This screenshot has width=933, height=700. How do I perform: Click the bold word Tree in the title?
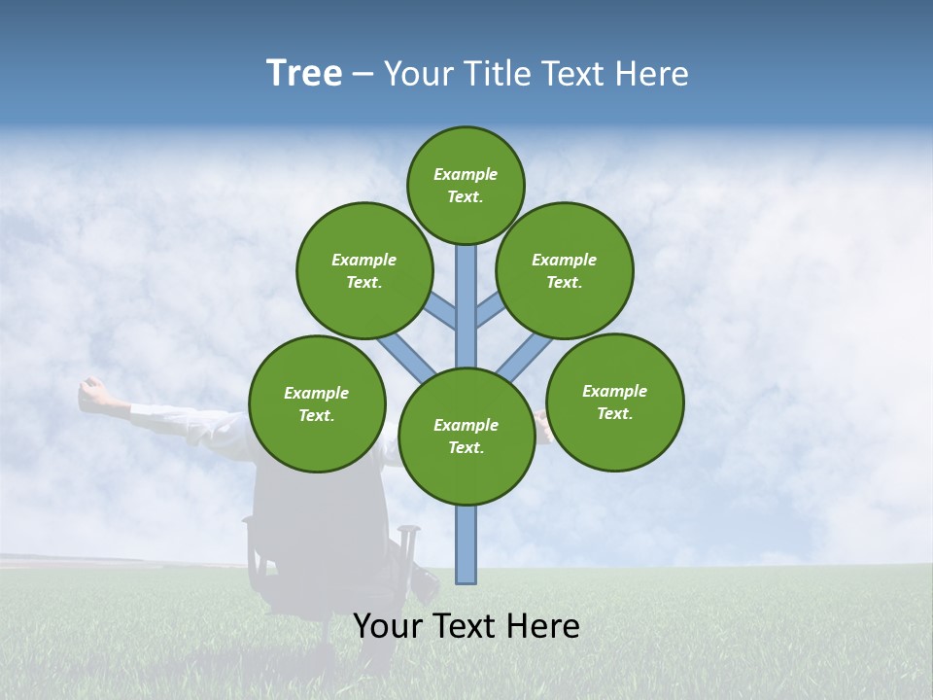click(304, 73)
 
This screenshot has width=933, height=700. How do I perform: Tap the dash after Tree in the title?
click(363, 75)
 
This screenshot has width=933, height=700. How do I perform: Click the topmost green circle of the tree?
click(466, 185)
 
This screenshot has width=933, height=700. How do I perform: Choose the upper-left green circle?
click(364, 270)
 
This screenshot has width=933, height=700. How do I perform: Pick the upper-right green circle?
click(565, 270)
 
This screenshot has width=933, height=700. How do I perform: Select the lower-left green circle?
click(317, 403)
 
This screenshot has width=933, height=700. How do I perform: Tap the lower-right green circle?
click(614, 402)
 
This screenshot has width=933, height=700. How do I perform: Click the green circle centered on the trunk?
click(466, 436)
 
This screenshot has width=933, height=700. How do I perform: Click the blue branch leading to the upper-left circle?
click(442, 312)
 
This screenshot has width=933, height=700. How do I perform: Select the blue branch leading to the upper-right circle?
click(489, 311)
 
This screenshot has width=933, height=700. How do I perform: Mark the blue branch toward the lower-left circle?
click(406, 357)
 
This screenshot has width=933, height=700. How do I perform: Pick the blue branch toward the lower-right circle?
click(525, 357)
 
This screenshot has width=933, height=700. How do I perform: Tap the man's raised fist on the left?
click(92, 393)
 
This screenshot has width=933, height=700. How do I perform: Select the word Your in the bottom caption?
click(388, 626)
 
